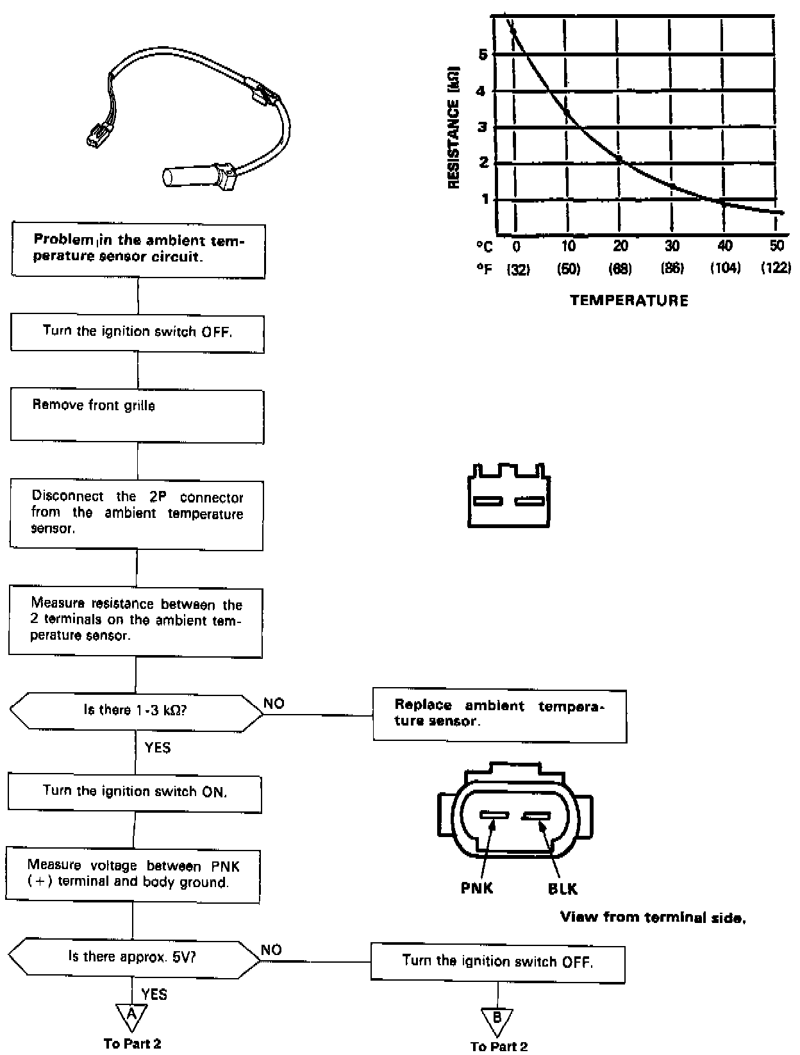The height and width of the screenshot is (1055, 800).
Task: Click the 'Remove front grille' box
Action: (x=137, y=415)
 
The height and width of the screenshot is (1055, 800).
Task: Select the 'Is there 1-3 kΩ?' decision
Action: (x=136, y=710)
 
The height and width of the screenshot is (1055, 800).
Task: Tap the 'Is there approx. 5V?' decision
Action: (x=133, y=956)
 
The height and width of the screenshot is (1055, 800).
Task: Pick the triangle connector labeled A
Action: (x=131, y=1015)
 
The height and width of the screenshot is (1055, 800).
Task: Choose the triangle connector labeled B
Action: (x=497, y=1017)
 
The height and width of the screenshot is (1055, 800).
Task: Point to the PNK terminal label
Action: (x=478, y=888)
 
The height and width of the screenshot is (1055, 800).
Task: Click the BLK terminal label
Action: (x=562, y=889)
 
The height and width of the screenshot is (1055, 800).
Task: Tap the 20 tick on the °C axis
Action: (x=620, y=246)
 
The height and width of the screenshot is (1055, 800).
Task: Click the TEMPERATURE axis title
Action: (x=629, y=300)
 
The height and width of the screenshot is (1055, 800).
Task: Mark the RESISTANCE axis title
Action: (x=454, y=126)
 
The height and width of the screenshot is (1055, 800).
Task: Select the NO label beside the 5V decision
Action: (x=271, y=950)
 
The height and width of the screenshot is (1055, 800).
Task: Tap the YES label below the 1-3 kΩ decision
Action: (x=158, y=748)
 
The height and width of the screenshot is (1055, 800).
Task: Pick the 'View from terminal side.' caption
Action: (x=653, y=917)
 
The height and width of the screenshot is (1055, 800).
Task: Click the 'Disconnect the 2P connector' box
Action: (x=137, y=514)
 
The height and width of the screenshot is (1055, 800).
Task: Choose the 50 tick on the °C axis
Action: (x=776, y=246)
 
